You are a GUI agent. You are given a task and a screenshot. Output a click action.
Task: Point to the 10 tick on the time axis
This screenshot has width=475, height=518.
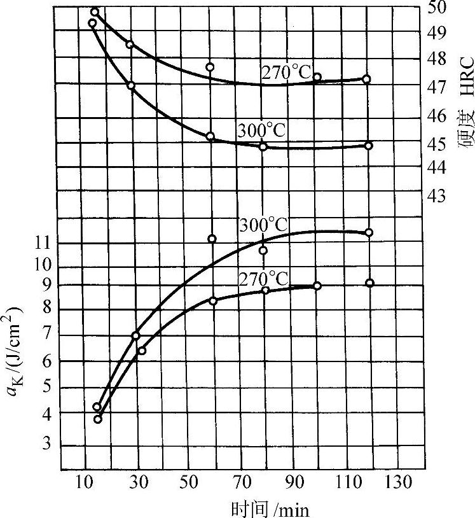[84, 482]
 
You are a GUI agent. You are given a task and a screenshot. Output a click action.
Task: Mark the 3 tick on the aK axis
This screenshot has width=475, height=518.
[46, 444]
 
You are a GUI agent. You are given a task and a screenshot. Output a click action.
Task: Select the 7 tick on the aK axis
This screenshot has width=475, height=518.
[46, 335]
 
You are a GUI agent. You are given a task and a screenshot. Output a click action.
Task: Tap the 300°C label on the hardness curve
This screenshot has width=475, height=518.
[262, 130]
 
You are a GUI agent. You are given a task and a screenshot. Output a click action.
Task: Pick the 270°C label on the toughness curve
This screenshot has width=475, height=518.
[263, 278]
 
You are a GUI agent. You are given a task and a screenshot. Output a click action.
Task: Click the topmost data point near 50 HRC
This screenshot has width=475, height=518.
[95, 11]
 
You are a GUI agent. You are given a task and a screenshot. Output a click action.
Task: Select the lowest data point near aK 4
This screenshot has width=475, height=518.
[98, 419]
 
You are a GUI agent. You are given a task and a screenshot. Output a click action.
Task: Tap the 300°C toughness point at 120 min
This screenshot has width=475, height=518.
[369, 232]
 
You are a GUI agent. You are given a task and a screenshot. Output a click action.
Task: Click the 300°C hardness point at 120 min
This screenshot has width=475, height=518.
[368, 146]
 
